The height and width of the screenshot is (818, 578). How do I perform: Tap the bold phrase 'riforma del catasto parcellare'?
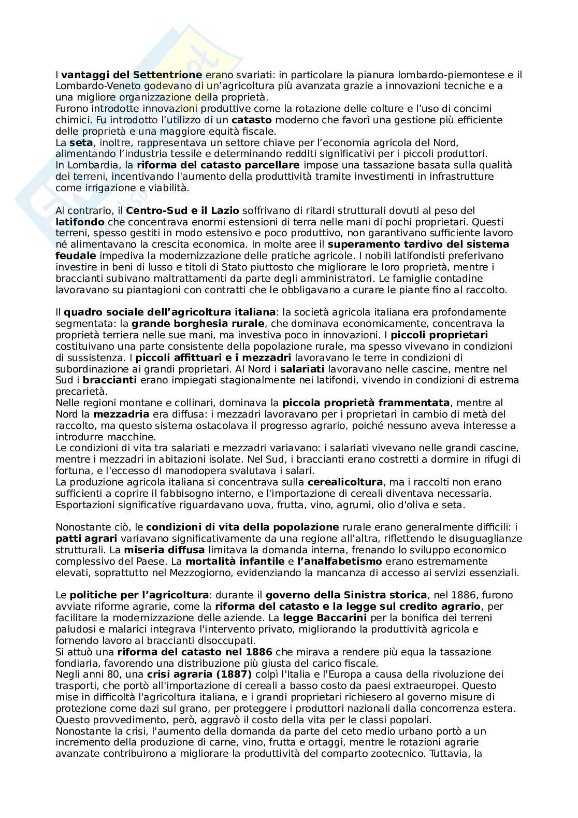pyautogui.click(x=218, y=165)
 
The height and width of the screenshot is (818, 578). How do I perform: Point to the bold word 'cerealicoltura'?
pyautogui.click(x=345, y=482)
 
